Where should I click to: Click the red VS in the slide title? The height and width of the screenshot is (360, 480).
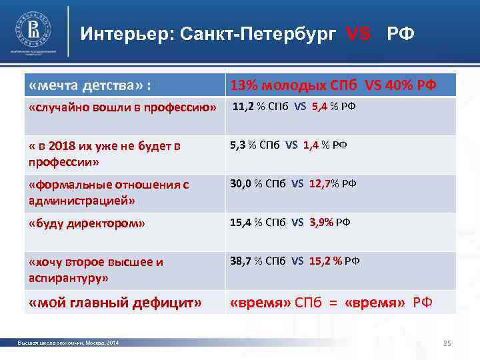(359, 34)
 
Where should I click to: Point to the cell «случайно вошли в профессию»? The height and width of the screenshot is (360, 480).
(123, 108)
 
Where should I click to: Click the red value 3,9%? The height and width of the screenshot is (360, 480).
(322, 222)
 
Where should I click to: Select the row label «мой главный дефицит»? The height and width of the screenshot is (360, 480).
(115, 303)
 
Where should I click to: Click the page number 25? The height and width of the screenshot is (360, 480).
(447, 343)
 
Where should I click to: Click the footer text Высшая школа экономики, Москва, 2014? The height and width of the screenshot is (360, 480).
(68, 343)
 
